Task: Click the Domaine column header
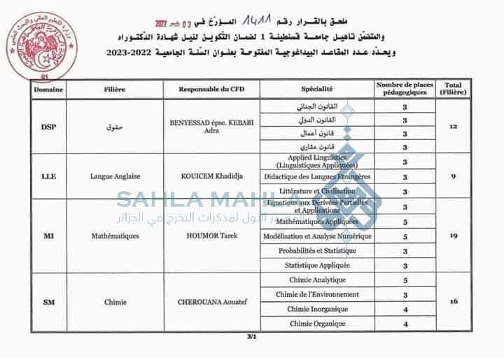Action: [48, 90]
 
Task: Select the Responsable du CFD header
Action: [209, 90]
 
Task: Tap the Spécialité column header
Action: [316, 90]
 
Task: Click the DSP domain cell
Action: [48, 127]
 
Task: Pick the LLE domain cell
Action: [48, 176]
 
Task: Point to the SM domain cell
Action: [48, 303]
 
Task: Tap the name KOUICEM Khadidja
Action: [209, 176]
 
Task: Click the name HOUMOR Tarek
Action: [209, 236]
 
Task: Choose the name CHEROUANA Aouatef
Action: [209, 303]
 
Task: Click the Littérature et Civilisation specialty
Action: [317, 191]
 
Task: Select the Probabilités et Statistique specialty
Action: [317, 251]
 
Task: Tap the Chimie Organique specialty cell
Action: [317, 324]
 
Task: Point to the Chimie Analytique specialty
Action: [317, 280]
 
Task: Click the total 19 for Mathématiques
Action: [453, 236]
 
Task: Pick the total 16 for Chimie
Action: [453, 302]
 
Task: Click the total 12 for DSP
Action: [453, 127]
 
